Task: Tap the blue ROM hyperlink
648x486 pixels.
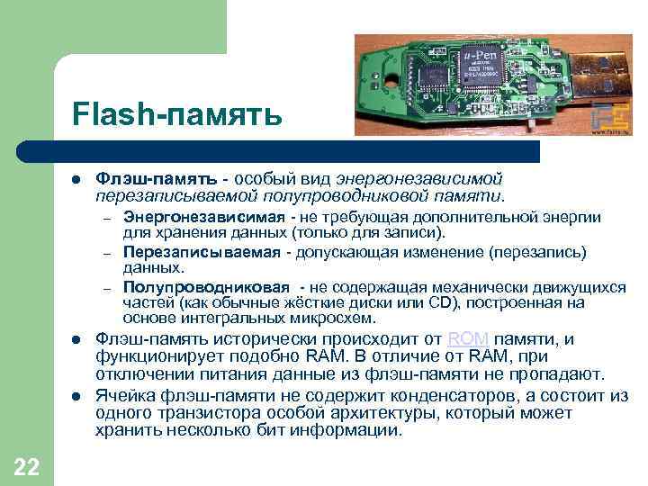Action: tap(468, 339)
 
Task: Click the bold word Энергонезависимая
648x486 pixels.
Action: tap(204, 217)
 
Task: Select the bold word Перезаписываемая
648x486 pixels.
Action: tap(202, 251)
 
